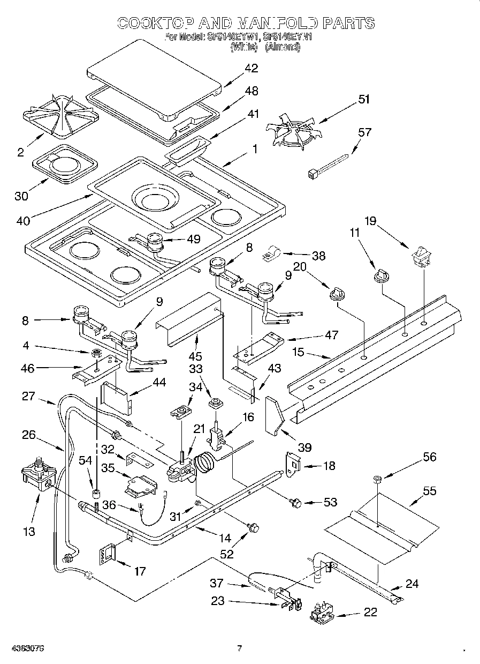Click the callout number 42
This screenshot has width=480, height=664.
pyautogui.click(x=250, y=68)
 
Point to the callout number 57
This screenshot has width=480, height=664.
pyautogui.click(x=364, y=132)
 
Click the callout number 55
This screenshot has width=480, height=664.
pyautogui.click(x=429, y=490)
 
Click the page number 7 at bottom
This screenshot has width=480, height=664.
pyautogui.click(x=240, y=648)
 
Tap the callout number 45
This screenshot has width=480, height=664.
pyautogui.click(x=197, y=356)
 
